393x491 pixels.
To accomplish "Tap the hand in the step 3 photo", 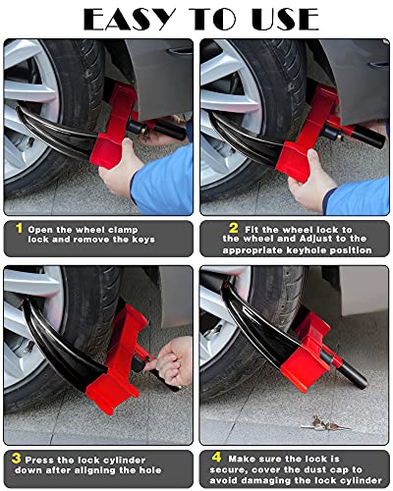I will pos(175,358).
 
